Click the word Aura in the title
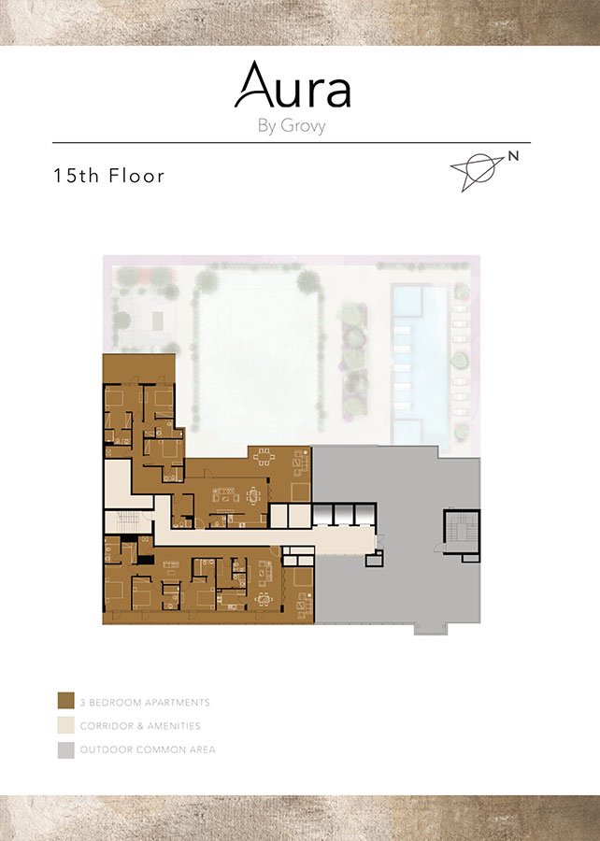tap(293, 85)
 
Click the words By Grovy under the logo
tap(292, 126)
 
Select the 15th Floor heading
tap(108, 176)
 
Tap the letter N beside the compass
tap(513, 156)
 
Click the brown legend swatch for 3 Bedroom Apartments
tap(66, 701)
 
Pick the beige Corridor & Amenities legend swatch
tap(66, 725)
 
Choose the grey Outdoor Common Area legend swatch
tap(66, 749)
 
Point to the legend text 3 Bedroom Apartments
tap(145, 702)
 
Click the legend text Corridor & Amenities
tap(140, 726)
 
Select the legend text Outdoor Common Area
tap(148, 749)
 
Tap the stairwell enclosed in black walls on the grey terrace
tap(461, 532)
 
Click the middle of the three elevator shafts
tap(344, 514)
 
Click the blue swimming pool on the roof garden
tap(420, 363)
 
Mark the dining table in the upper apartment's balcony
tap(264, 457)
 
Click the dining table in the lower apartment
tap(264, 600)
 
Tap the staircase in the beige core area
tap(127, 521)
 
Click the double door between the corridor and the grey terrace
tap(379, 542)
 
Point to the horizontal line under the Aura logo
tap(292, 143)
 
